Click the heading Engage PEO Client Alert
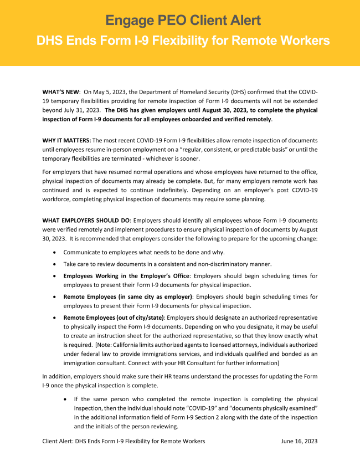pyautogui.click(x=183, y=21)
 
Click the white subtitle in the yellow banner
pyautogui.click(x=183, y=40)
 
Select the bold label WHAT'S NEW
pyautogui.click(x=61, y=91)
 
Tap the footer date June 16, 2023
pyautogui.click(x=299, y=441)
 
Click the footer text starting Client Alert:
pyautogui.click(x=124, y=441)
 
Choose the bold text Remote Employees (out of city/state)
pyautogui.click(x=114, y=318)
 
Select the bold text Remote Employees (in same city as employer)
pyautogui.click(x=128, y=296)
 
